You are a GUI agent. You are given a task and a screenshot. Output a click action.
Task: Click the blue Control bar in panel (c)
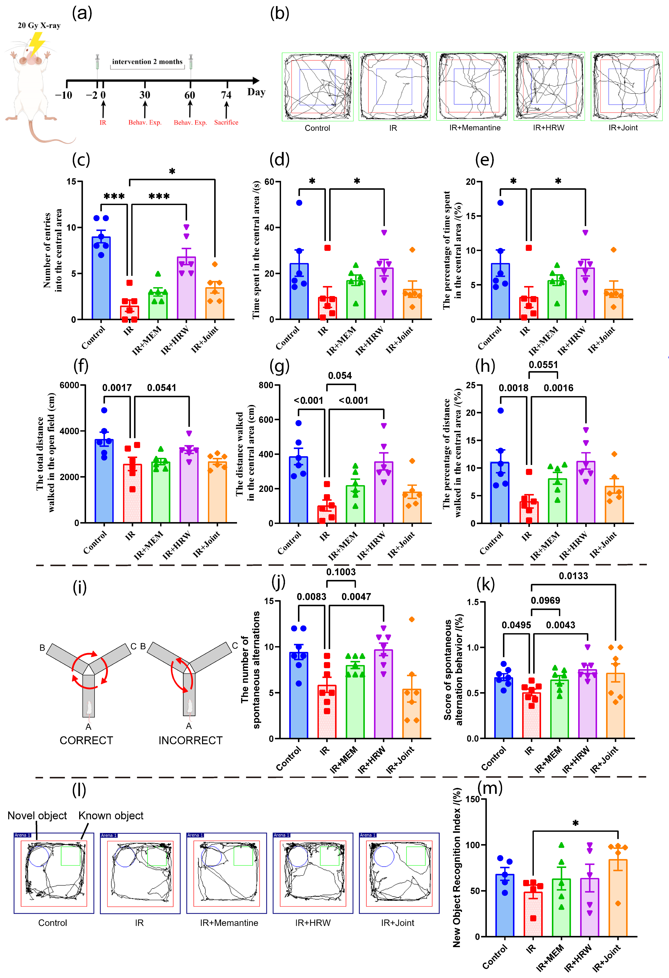coord(101,278)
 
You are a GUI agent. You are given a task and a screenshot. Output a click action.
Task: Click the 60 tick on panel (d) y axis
coord(269,182)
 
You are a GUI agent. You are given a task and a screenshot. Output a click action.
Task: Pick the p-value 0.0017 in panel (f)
coord(117,388)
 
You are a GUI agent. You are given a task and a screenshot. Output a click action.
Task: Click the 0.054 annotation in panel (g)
coord(340,375)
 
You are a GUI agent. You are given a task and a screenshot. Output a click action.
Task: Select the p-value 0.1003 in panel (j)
coord(341,572)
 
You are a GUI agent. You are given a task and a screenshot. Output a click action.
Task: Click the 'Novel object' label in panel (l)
coord(37,816)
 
